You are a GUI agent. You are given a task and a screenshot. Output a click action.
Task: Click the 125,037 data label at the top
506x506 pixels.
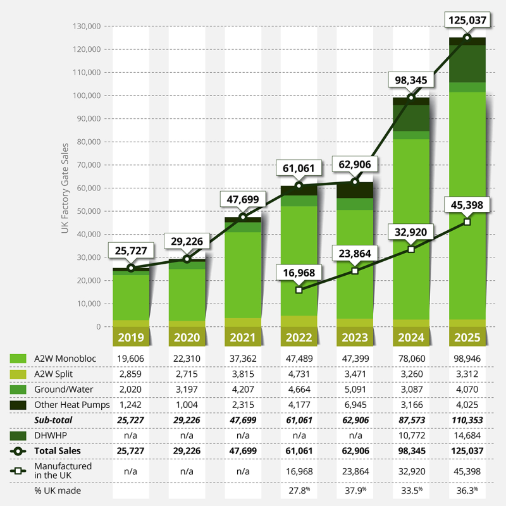(467, 20)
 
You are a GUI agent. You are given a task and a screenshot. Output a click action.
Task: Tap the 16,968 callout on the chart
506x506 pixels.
(299, 273)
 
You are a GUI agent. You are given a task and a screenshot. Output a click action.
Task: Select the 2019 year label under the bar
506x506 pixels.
(131, 337)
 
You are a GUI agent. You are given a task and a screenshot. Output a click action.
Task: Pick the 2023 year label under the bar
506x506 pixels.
(355, 337)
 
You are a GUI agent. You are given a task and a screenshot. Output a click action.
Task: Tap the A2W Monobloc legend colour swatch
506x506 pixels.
(18, 359)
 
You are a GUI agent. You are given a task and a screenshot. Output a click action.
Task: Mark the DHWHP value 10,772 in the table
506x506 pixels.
(411, 435)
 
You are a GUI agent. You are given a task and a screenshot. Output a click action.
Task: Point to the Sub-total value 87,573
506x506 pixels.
(411, 420)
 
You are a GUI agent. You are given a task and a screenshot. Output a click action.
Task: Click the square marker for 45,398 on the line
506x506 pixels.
(467, 222)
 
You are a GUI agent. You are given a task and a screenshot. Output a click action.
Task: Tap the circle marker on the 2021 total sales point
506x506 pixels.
(243, 218)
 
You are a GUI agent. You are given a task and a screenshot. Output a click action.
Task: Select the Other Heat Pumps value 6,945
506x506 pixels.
(355, 405)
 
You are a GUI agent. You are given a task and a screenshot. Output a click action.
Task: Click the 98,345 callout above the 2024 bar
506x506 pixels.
(411, 80)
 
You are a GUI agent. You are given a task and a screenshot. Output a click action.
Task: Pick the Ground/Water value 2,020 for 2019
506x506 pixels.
(131, 390)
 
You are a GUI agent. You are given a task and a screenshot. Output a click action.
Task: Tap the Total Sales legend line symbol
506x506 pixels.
(18, 451)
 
